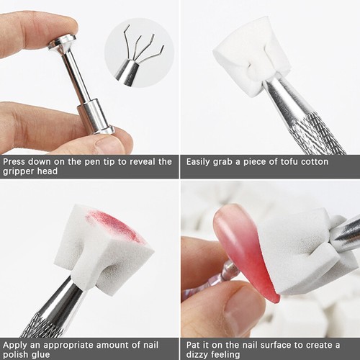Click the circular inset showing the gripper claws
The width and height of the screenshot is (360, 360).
[140, 53]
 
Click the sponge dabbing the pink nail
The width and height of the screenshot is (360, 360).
[302, 248]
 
